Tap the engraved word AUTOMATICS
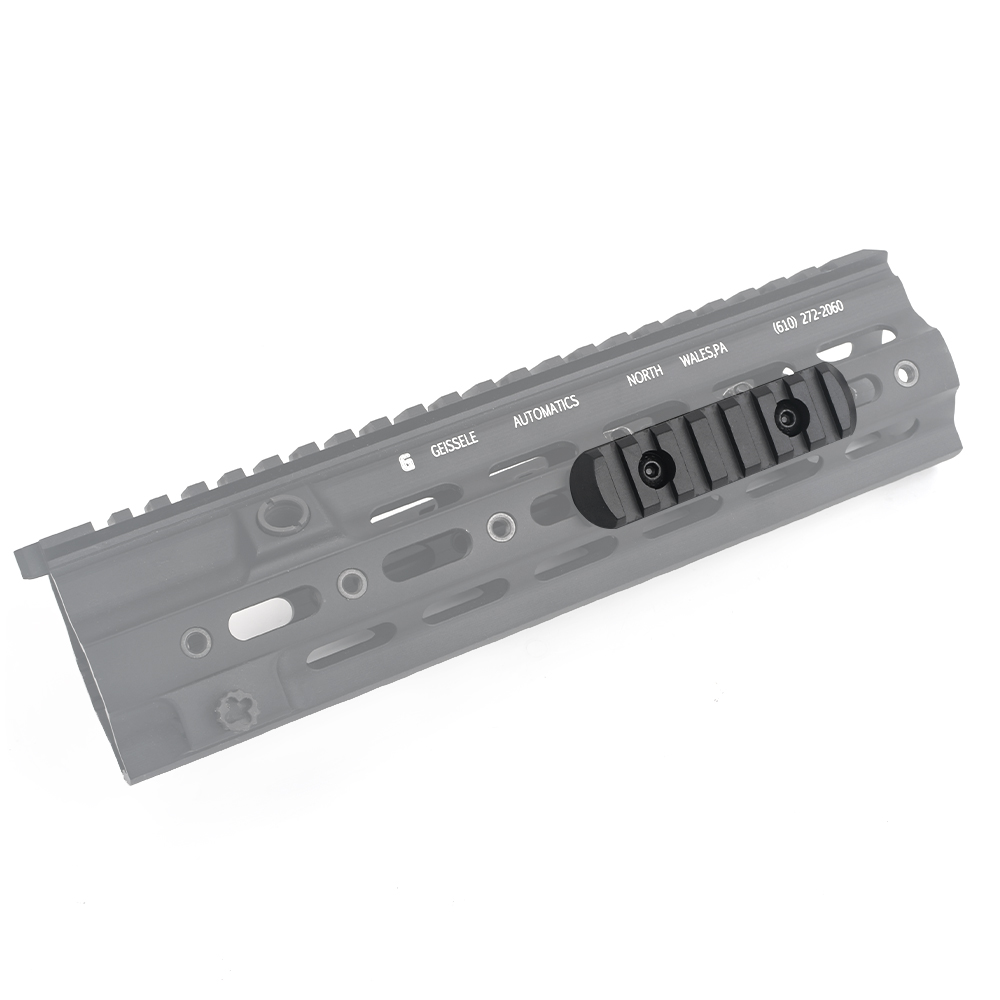pyautogui.click(x=546, y=412)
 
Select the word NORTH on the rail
pyautogui.click(x=645, y=376)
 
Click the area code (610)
pyautogui.click(x=784, y=325)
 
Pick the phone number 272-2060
pyautogui.click(x=822, y=312)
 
